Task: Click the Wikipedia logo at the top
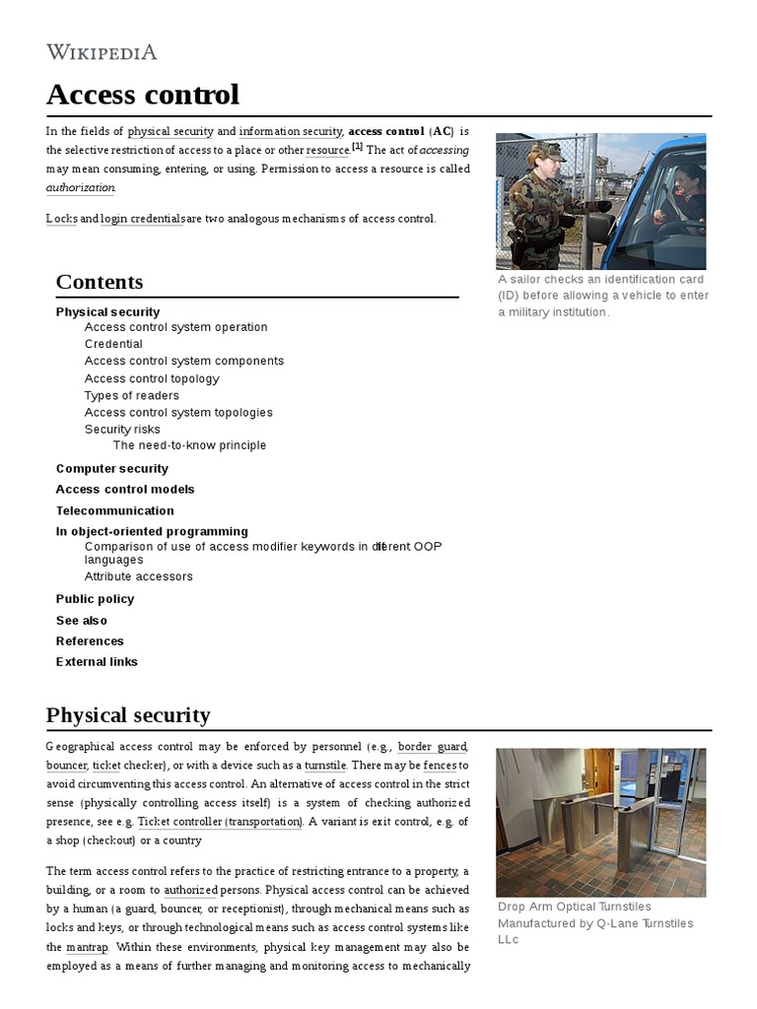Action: tap(102, 52)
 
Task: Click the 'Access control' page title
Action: tap(143, 95)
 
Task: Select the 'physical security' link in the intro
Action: tap(171, 131)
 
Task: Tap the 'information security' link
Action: tap(290, 131)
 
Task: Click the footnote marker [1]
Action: tap(357, 148)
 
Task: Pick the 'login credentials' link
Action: tap(141, 219)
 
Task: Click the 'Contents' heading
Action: tap(100, 282)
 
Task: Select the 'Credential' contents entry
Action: tap(113, 344)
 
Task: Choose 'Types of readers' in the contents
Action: tap(132, 395)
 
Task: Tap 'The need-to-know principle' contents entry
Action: tap(189, 445)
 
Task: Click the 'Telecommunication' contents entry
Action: tap(114, 510)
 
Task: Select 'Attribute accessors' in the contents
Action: tap(139, 576)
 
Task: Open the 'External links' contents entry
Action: tap(97, 662)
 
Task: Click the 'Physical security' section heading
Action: tap(128, 714)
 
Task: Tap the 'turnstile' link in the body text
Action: tap(325, 766)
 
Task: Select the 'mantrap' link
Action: tap(87, 947)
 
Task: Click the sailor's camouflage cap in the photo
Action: tap(547, 150)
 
